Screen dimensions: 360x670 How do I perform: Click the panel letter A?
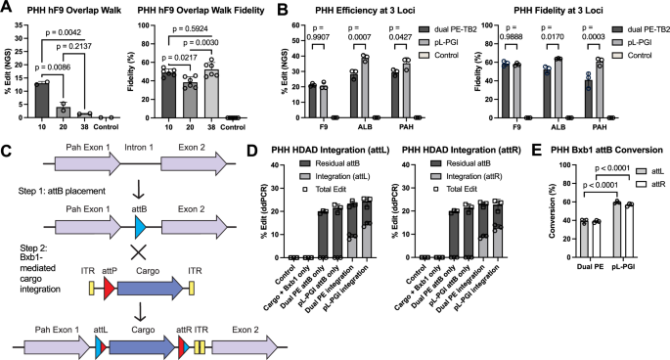(x=8, y=9)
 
